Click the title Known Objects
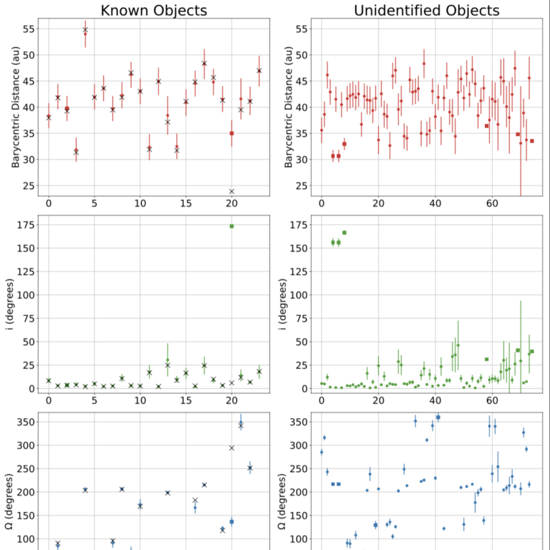coord(153,10)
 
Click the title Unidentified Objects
coord(427,10)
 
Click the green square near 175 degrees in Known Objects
coord(232,226)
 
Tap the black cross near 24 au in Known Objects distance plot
coord(232,191)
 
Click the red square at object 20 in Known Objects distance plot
coord(232,133)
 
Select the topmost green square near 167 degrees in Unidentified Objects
coord(344,233)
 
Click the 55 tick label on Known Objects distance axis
coord(27,29)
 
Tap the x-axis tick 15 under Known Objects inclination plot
coord(185,401)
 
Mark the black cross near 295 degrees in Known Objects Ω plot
coord(232,448)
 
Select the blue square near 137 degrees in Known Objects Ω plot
coord(232,521)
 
